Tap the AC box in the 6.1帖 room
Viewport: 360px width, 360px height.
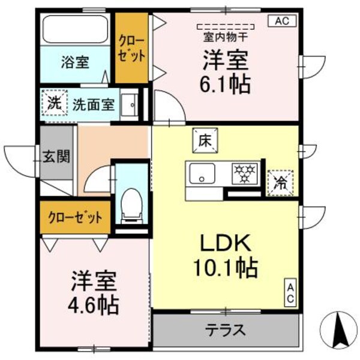click(282, 20)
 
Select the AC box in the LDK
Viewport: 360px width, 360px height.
click(289, 293)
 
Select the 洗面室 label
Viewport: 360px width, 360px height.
click(94, 103)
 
